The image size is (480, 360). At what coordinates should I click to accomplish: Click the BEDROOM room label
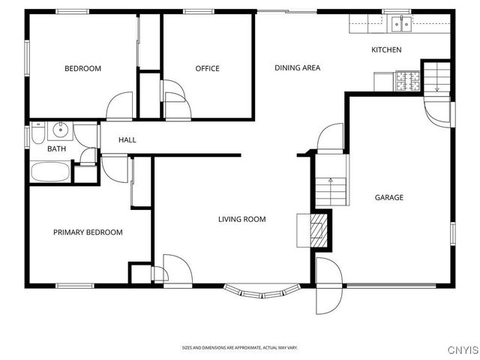[x=82, y=69]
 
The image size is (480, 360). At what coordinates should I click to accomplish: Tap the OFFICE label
[x=207, y=69]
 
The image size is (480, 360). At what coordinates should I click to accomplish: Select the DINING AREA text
[x=297, y=68]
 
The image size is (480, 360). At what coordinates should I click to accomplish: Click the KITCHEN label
[x=386, y=50]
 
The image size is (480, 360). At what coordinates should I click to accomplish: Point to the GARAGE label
[x=389, y=198]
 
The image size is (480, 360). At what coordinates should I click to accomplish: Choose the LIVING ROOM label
[x=241, y=220]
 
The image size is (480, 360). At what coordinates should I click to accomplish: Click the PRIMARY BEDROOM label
[x=88, y=232]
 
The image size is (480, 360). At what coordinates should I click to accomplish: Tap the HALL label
[x=127, y=140]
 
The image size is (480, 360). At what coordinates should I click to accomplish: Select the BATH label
[x=57, y=149]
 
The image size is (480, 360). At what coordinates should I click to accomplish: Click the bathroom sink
[x=60, y=132]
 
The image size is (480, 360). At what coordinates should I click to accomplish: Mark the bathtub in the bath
[x=50, y=172]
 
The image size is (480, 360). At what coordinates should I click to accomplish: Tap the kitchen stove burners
[x=408, y=80]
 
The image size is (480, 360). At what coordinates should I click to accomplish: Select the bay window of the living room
[x=262, y=291]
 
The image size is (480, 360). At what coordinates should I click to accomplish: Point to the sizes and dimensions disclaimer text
[x=240, y=348]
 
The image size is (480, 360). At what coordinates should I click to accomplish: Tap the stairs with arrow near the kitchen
[x=436, y=77]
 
